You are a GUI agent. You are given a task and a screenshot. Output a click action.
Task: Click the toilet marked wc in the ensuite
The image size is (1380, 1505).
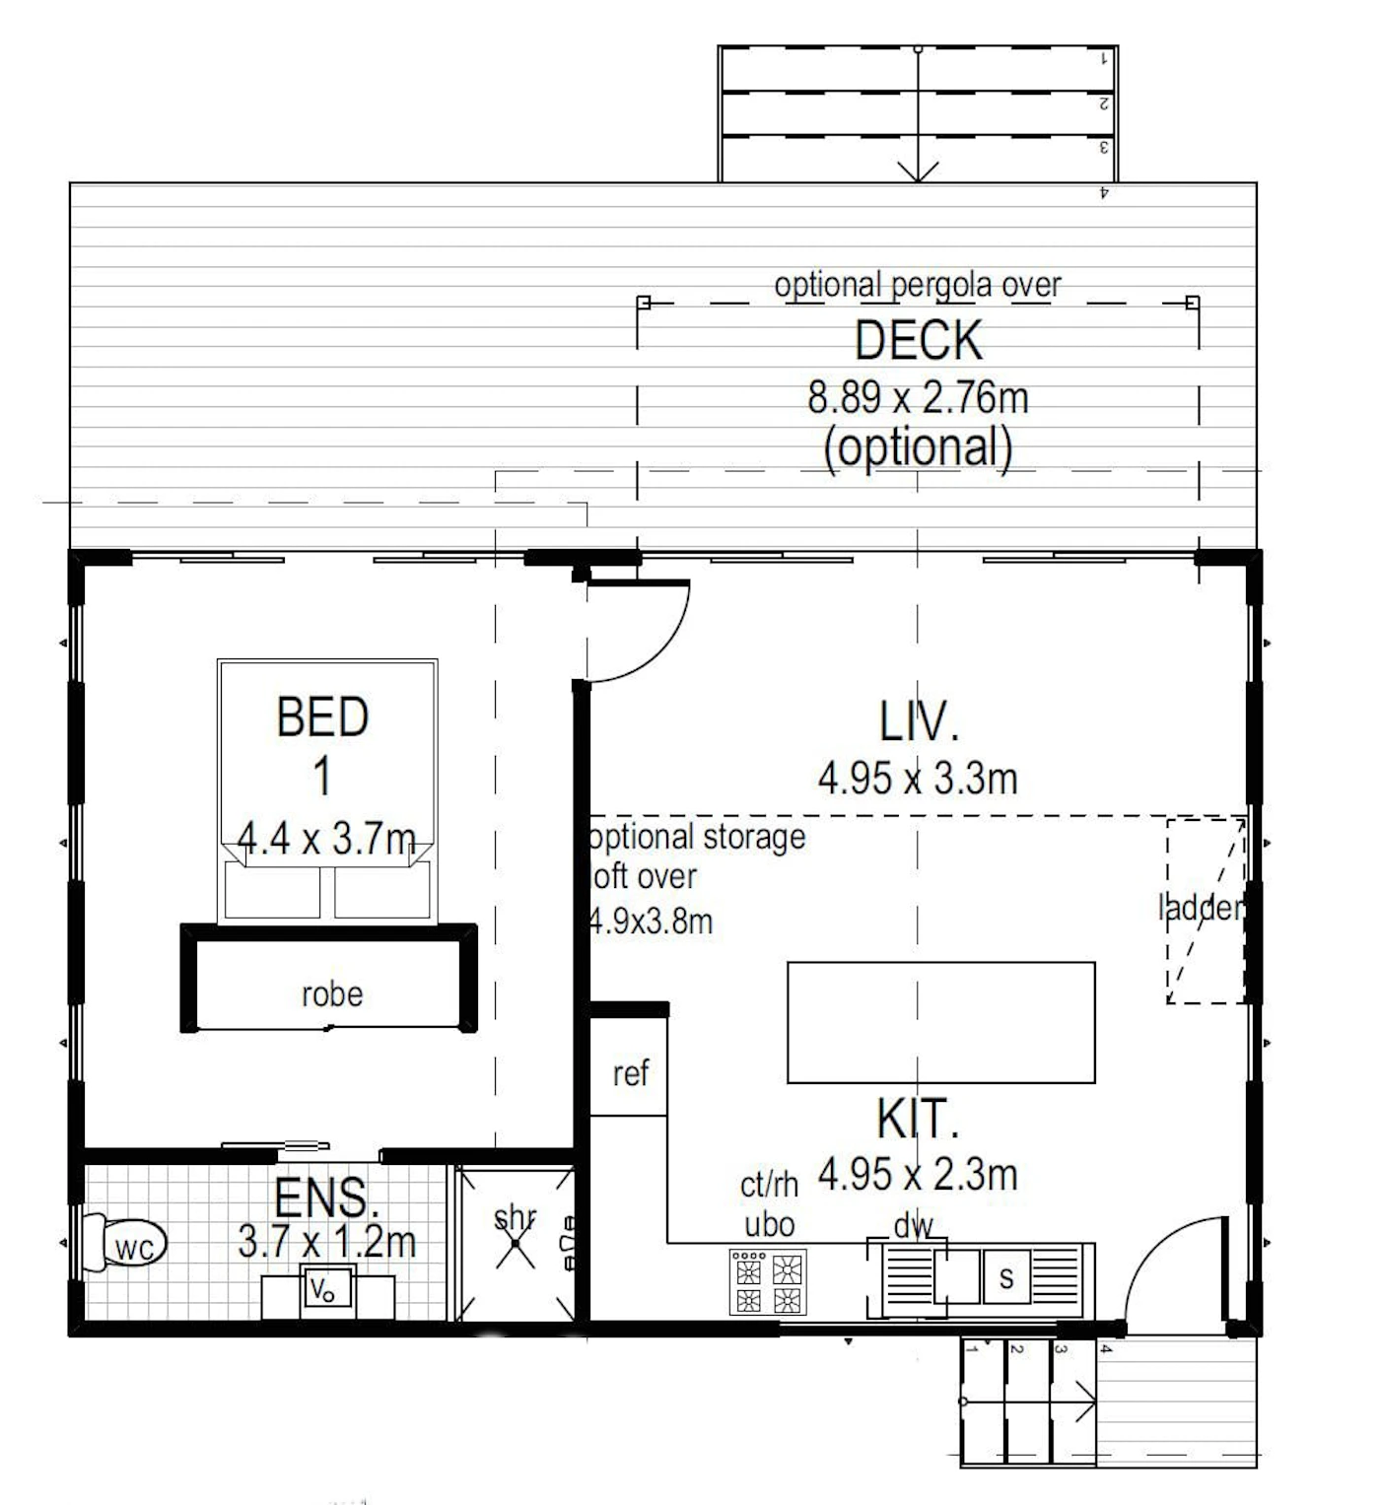tap(124, 1243)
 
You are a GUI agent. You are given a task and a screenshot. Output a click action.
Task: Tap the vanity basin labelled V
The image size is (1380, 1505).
tap(326, 1290)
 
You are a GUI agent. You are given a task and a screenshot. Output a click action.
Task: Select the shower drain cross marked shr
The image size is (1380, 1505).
tap(515, 1243)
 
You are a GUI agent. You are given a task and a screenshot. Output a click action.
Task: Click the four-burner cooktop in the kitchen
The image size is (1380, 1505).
tap(768, 1282)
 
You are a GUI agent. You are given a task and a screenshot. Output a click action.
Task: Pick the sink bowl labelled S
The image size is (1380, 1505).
tap(1006, 1277)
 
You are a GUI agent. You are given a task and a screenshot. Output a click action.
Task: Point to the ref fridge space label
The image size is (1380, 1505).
tap(630, 1073)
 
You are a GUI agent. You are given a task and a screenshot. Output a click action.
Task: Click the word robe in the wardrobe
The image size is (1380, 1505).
tap(331, 994)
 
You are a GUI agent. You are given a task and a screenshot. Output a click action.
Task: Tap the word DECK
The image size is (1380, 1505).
tap(918, 340)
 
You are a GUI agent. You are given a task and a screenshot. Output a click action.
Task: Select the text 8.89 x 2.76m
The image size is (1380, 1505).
tap(917, 397)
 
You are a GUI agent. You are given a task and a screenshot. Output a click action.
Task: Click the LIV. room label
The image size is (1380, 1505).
tap(919, 721)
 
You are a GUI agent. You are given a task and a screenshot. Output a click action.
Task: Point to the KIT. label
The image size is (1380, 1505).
tap(917, 1119)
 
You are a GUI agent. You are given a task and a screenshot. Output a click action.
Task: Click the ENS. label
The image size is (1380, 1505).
tap(326, 1198)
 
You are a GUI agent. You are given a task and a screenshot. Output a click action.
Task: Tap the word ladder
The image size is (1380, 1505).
tap(1201, 908)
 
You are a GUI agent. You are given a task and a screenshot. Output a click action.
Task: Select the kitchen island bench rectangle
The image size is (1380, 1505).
tap(941, 1023)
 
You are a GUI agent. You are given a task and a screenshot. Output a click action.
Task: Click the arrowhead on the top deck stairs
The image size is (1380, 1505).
tap(918, 171)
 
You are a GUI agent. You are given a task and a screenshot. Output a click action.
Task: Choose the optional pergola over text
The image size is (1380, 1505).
tap(917, 285)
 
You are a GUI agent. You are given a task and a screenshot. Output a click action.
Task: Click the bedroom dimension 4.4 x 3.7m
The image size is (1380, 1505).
tap(326, 838)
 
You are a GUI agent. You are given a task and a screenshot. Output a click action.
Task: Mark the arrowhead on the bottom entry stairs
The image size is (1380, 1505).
tap(1085, 1402)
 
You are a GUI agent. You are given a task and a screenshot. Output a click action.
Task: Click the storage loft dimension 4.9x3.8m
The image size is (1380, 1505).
tap(652, 923)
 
